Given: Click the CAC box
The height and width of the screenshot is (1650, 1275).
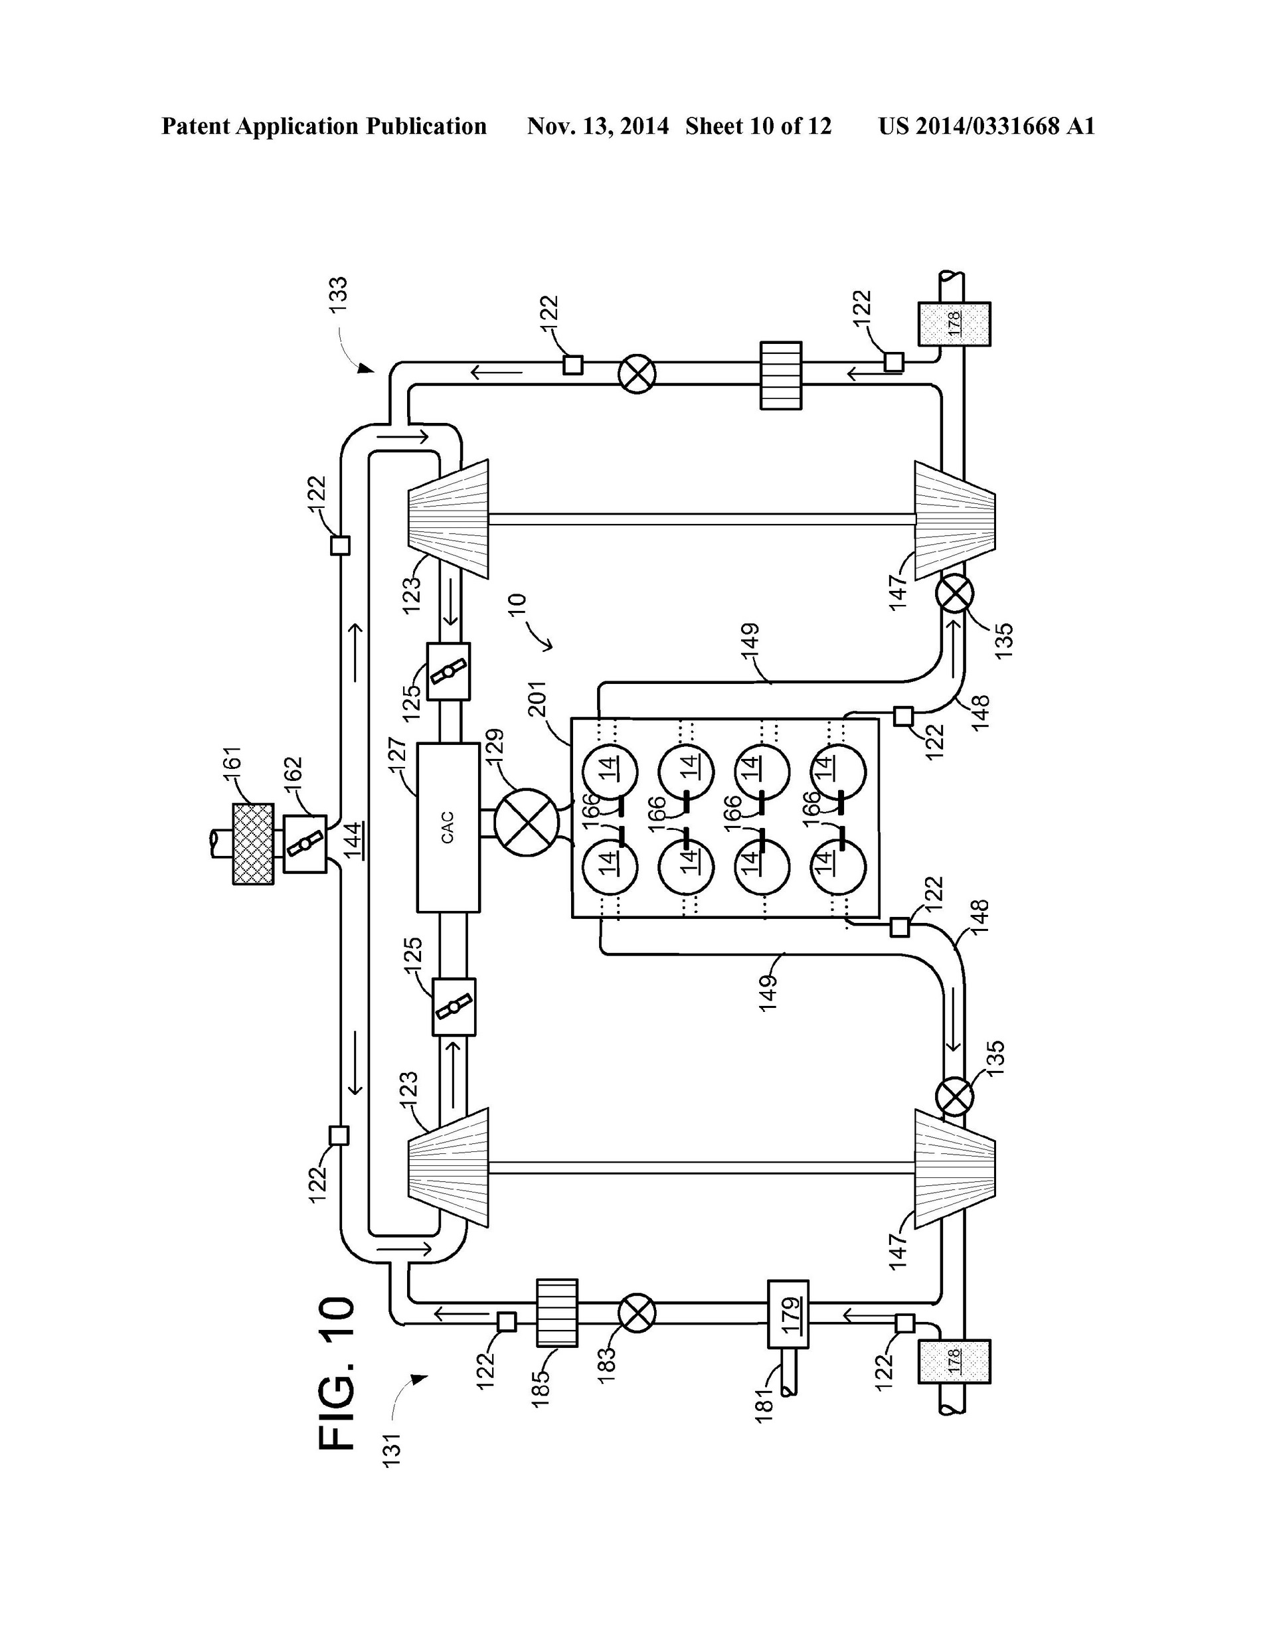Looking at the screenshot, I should pyautogui.click(x=448, y=827).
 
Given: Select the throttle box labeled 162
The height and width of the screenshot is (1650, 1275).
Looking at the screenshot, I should pyautogui.click(x=305, y=844).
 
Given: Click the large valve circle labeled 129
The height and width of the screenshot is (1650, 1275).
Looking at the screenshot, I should pyautogui.click(x=526, y=823).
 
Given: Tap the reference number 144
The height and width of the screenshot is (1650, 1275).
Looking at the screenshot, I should pyautogui.click(x=354, y=840).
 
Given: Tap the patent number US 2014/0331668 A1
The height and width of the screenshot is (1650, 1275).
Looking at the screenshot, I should pyautogui.click(x=985, y=126).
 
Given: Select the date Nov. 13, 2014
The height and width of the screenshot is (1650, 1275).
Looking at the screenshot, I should pyautogui.click(x=597, y=126).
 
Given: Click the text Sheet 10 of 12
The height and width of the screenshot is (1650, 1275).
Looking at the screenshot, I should pyautogui.click(x=758, y=126).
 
